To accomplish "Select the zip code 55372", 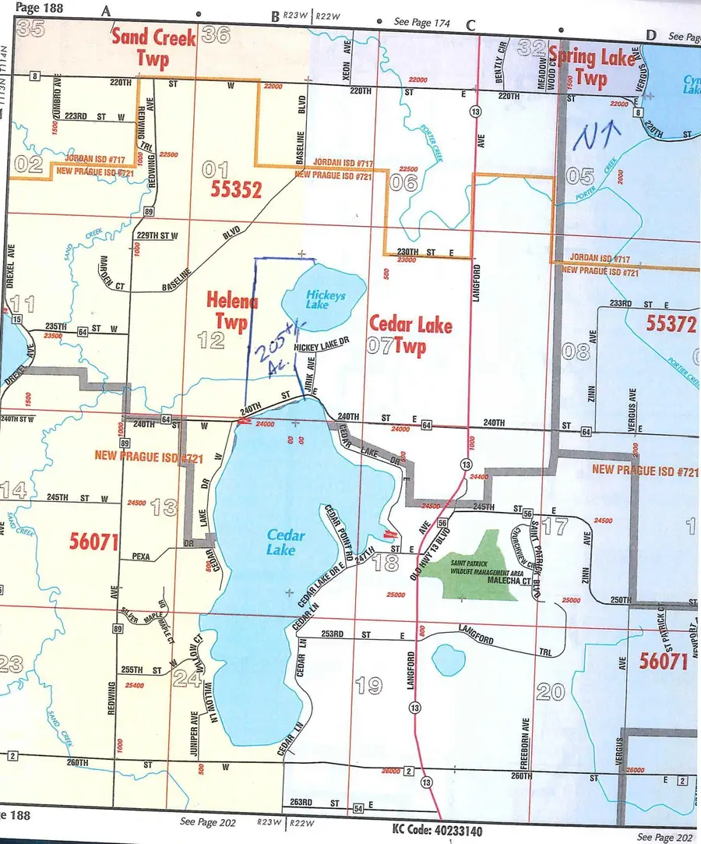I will click(x=669, y=323).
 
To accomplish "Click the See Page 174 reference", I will click(x=422, y=23).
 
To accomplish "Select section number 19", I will click(x=368, y=685).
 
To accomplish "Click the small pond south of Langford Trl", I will click(x=448, y=659).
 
